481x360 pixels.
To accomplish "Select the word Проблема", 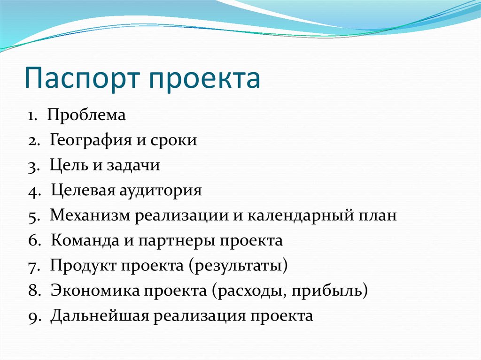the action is click(86, 115).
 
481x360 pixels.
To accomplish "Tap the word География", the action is click(90, 141).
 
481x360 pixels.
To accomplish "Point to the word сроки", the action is click(174, 141).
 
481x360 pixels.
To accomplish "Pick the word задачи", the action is click(133, 165).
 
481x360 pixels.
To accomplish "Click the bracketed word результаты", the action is click(238, 266).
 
